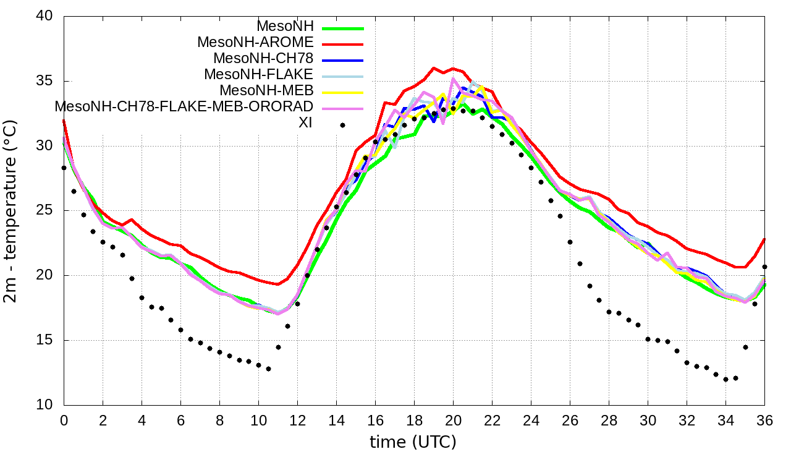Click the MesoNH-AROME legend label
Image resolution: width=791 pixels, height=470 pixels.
coord(255,43)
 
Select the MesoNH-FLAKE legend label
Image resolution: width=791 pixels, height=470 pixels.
coord(259,74)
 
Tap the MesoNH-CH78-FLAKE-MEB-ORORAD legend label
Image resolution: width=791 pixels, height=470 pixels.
coord(184,106)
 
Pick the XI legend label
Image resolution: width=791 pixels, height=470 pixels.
coord(305,122)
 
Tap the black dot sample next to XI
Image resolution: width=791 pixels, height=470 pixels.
coord(342,125)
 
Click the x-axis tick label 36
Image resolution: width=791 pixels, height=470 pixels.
coord(764,420)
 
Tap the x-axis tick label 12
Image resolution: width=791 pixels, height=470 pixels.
coord(297,420)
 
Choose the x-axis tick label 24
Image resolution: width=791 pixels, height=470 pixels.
coord(531,420)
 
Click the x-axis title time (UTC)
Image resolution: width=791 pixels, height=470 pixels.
coord(413,443)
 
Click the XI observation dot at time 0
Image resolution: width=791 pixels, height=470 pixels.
coord(64,168)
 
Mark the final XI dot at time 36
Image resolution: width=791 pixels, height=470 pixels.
coord(764,267)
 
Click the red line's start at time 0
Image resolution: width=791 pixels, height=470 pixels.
coord(64,121)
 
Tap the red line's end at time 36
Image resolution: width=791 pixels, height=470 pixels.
coord(764,239)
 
